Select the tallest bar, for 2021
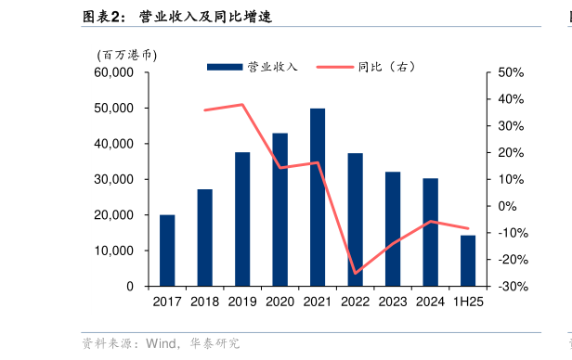(318, 198)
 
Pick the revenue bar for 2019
(242, 219)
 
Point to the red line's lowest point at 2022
(355, 274)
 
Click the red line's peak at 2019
(242, 104)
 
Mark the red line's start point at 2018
(205, 110)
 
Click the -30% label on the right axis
(512, 287)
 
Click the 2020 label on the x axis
(279, 302)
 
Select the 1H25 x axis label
(467, 302)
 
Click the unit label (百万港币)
(126, 55)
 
